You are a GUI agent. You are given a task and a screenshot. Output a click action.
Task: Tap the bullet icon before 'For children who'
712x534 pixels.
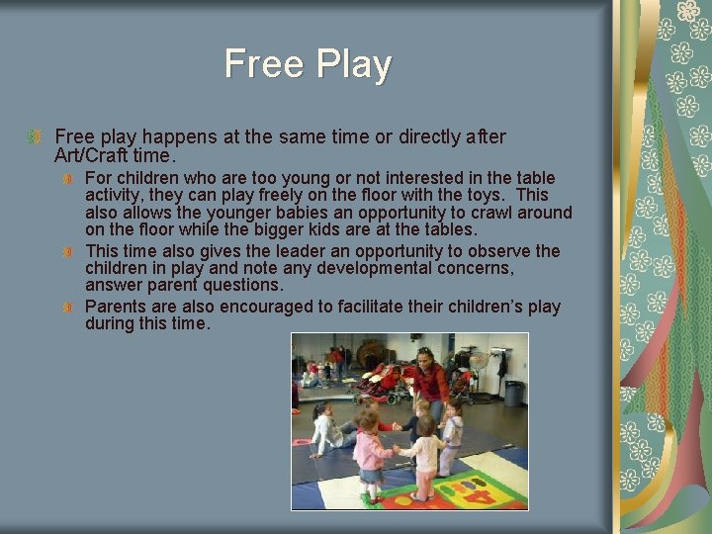[68, 178]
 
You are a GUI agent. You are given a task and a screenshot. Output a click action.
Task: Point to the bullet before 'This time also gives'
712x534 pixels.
[68, 252]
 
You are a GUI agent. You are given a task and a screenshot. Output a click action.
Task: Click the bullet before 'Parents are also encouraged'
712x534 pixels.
[68, 308]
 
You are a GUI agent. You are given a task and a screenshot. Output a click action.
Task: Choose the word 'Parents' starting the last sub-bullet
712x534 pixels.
[117, 307]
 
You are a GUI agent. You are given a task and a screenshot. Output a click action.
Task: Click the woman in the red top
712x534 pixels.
[429, 381]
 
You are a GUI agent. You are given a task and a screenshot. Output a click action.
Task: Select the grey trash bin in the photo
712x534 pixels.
[513, 394]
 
